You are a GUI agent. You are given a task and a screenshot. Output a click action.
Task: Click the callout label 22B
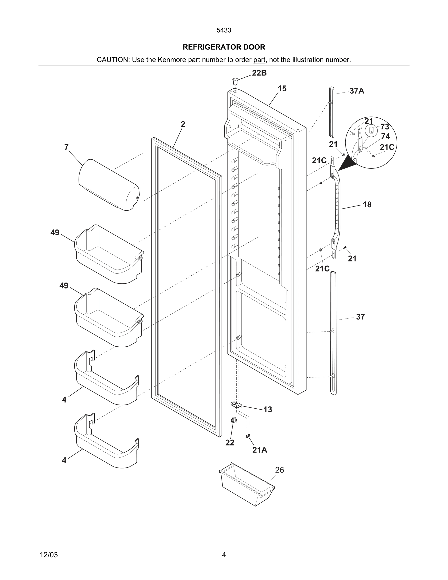coord(259,73)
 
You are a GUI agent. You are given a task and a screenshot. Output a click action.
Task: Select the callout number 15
coord(282,89)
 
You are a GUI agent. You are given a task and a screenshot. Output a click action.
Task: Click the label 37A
coord(357,91)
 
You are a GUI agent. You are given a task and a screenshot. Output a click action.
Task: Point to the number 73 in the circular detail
coord(385,127)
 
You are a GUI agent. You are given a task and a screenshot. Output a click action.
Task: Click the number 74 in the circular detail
coord(385,136)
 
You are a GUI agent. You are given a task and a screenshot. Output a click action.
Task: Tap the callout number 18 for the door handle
coord(367,205)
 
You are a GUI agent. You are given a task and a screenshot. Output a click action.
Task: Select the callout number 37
coord(360,317)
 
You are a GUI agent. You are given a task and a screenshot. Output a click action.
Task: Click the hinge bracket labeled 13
coord(236,405)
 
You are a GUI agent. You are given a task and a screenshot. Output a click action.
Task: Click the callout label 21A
coord(260,450)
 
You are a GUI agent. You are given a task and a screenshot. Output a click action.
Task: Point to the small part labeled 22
coord(234,420)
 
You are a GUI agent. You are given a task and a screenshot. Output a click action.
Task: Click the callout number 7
coord(66,147)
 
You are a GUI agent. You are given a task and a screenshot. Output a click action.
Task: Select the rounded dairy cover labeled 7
coord(109,185)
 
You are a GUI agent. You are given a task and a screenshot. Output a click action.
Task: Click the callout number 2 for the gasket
coord(183,124)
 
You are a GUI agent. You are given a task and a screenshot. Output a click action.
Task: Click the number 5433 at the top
coord(224,30)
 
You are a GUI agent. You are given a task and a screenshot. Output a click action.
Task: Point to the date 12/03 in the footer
coord(49,555)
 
